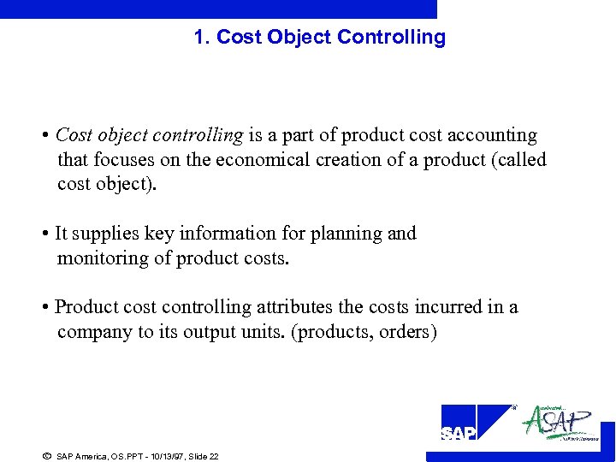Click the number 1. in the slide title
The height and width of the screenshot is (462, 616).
[202, 38]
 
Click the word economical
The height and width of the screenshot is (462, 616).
[264, 160]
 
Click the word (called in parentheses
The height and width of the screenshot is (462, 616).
[519, 160]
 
